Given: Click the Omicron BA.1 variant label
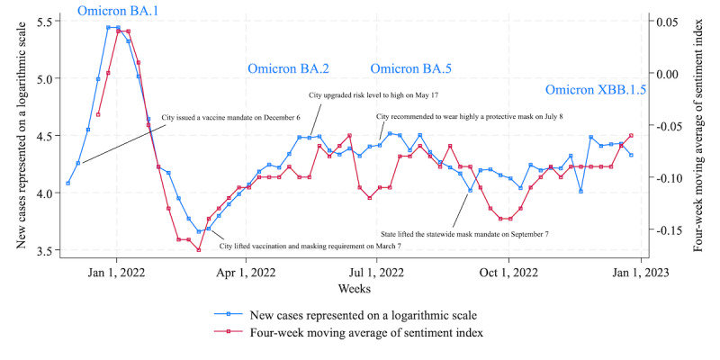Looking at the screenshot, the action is point(118,11).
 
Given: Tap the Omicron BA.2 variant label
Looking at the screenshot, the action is point(288,69).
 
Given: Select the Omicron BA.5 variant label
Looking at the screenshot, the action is point(410,69).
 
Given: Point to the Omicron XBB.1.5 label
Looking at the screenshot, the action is point(596,90).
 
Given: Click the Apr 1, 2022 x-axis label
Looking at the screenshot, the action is point(247,273).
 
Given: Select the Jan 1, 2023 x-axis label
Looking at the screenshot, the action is point(641,273).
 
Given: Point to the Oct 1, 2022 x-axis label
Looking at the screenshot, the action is point(508,273).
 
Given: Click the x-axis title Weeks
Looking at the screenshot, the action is point(355,289).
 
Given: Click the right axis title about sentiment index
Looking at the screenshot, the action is point(698,136).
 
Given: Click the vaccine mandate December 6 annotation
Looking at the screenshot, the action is point(231,118).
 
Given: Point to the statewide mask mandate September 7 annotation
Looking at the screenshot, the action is point(464,234).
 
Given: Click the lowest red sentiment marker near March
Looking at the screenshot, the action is point(198,250).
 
